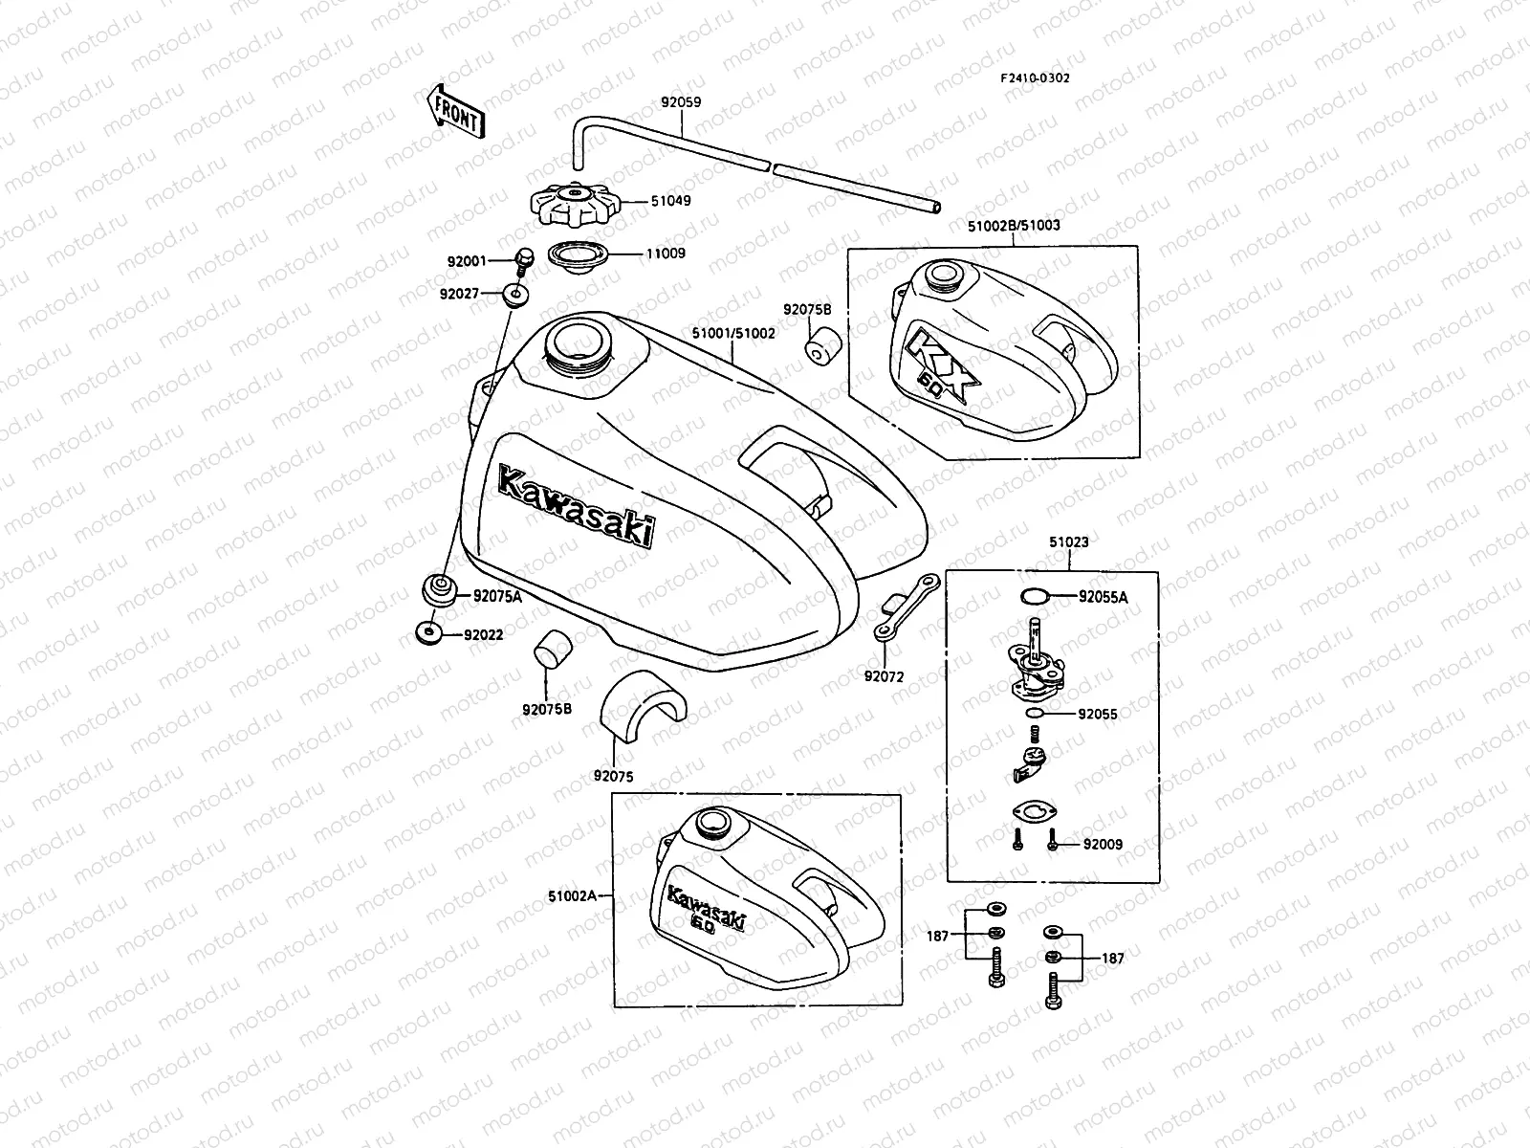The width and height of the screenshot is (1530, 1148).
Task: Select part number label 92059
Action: coord(680,99)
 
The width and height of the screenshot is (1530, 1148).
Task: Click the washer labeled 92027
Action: coord(515,294)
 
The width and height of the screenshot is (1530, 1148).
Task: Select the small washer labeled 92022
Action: coord(427,632)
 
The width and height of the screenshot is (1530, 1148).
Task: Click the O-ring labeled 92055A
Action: coord(1033,597)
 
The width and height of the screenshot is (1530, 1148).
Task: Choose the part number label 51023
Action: coord(1068,541)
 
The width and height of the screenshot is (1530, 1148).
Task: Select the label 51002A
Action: coord(572,896)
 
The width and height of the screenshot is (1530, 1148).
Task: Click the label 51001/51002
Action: coord(733,333)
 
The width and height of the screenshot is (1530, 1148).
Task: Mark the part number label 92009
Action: coord(1103,845)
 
